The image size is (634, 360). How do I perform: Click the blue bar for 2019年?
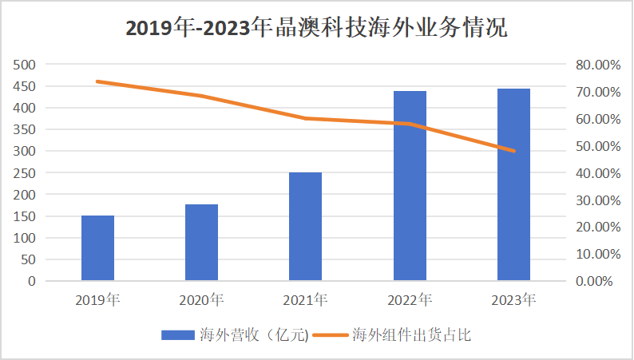click(x=97, y=248)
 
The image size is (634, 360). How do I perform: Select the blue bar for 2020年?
click(x=201, y=243)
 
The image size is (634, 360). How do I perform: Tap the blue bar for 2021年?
click(x=305, y=227)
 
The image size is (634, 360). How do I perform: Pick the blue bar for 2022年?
click(x=410, y=186)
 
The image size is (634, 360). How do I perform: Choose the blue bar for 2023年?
click(x=513, y=184)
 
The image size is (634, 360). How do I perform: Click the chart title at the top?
click(x=317, y=28)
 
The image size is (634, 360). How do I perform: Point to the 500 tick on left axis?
click(x=26, y=65)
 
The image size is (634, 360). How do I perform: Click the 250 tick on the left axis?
click(x=26, y=172)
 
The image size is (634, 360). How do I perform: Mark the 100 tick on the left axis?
click(x=26, y=238)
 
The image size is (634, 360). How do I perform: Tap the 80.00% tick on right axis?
click(x=597, y=65)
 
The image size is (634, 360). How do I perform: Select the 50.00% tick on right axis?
click(x=597, y=146)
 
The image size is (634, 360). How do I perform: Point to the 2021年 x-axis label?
click(x=305, y=301)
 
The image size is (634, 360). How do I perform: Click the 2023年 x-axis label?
click(x=513, y=301)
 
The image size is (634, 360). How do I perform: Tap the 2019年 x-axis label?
click(x=97, y=301)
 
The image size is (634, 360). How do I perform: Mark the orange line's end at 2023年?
click(x=513, y=151)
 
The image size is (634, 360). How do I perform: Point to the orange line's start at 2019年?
click(x=97, y=81)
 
